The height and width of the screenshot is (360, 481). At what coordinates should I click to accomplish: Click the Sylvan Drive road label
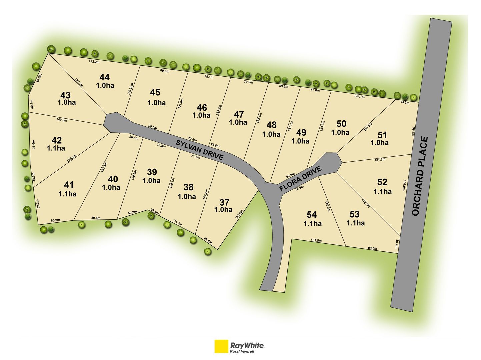point(199,150)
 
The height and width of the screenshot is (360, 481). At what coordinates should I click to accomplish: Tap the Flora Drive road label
point(300,179)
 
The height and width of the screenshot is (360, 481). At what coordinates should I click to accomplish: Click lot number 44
point(104,77)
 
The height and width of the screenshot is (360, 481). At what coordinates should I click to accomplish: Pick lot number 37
point(224,202)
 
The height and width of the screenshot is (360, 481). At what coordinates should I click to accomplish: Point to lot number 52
point(382,182)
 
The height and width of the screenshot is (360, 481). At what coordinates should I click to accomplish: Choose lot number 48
point(271,125)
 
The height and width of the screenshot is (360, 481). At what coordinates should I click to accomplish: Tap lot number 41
point(69,185)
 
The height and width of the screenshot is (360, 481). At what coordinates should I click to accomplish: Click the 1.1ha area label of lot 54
point(312,224)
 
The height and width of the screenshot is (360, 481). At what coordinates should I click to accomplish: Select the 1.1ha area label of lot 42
point(56,148)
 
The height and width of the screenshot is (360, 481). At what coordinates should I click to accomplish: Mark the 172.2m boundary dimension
point(94,61)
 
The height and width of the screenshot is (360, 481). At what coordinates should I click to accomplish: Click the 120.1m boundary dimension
point(359,97)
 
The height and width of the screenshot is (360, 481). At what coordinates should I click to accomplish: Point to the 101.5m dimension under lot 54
point(316,240)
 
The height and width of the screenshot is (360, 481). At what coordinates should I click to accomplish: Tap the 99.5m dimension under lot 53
point(372,248)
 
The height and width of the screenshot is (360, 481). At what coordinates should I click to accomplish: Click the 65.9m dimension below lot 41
point(55,220)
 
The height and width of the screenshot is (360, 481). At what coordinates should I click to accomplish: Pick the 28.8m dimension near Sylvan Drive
point(215,145)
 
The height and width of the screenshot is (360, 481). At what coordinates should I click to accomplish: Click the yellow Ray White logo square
point(221,346)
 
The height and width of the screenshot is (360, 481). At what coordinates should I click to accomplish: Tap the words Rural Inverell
point(242,351)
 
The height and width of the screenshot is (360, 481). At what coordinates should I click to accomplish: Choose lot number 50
point(341,124)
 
